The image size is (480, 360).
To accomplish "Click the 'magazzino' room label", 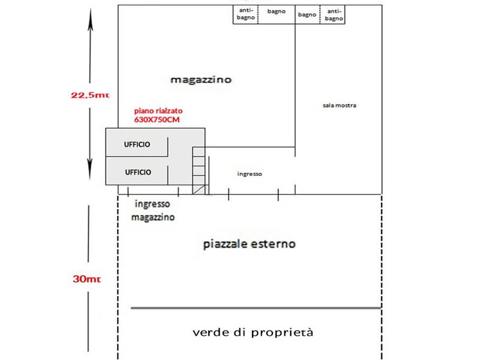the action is pos(201,80).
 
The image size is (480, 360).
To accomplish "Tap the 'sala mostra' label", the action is pos(340,106).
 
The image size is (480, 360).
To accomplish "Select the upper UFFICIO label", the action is pos(137,145).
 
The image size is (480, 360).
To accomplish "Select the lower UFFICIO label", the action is pos(138,172).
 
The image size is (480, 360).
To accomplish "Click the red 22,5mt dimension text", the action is pos(90,95).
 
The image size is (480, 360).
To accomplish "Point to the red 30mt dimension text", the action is pos(86,279).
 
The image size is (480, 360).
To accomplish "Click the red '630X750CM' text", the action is pos(157,119).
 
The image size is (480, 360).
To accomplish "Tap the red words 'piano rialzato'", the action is pos(158,111).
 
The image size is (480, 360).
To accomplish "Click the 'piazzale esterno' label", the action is pos(250,244).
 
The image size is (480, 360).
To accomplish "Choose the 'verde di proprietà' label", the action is pos(253,332).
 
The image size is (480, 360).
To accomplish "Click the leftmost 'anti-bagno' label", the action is pos(246,14).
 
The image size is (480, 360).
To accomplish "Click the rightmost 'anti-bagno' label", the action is pos(334,15).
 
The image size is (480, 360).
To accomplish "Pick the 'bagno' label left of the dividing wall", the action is pos(277,11).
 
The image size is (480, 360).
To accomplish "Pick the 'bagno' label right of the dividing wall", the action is pos(307,14).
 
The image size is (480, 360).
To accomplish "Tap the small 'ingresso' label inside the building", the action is pos(250,174).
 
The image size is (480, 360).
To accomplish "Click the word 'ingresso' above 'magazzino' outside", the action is pos(152,204).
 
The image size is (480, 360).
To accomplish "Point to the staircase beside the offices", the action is pos(199,170).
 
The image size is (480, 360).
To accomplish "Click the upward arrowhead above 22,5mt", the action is pos(90,23).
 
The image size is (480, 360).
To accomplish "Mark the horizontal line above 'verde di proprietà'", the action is pos(256,308).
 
